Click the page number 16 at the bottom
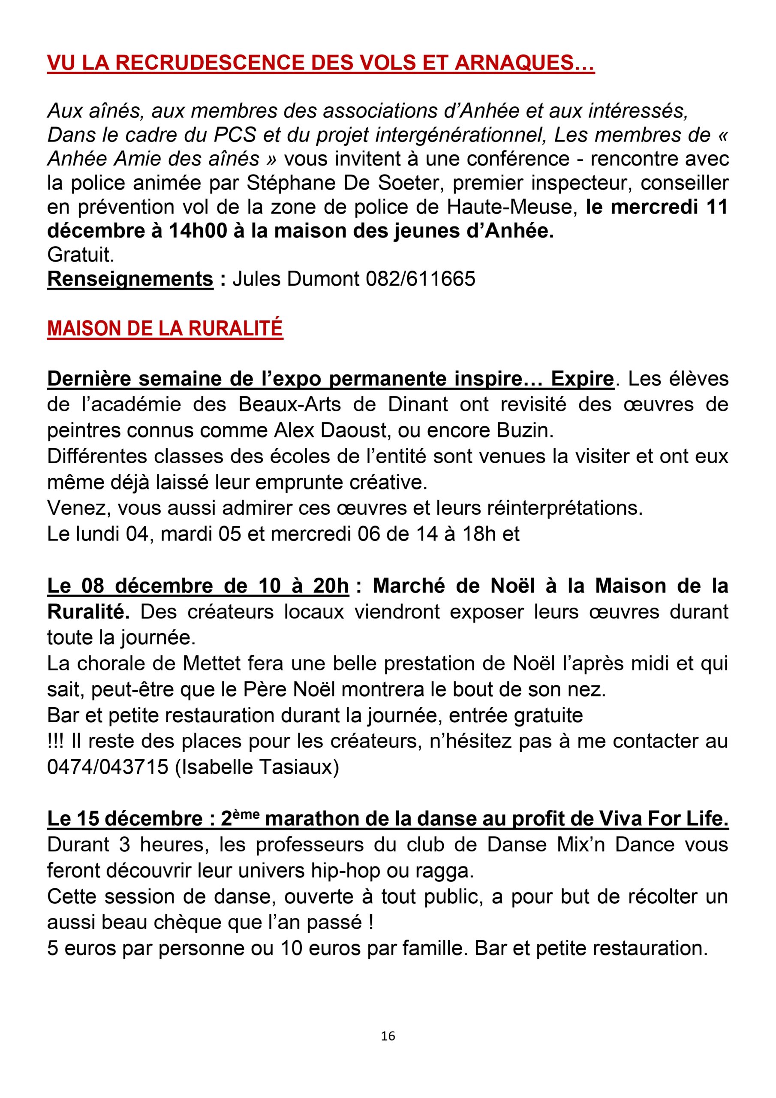(388, 1036)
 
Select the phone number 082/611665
(421, 279)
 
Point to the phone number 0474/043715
(108, 766)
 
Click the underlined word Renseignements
(130, 279)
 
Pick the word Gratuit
(80, 255)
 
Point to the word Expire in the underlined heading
(582, 379)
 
